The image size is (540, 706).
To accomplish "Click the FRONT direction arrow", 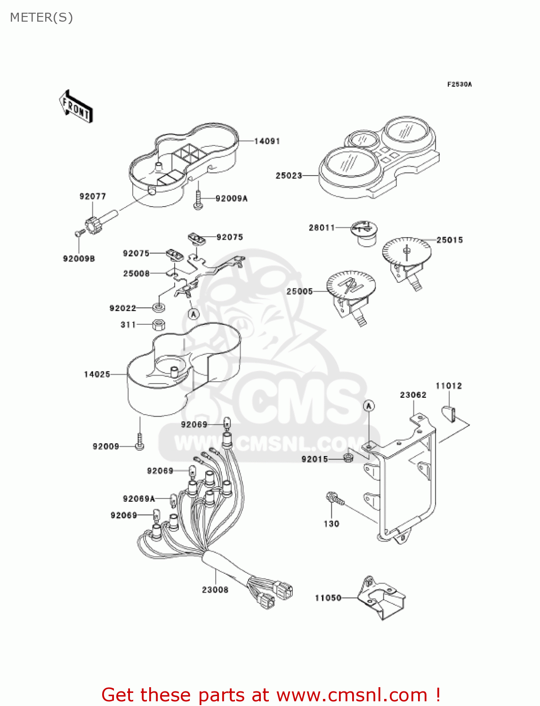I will [x=75, y=107].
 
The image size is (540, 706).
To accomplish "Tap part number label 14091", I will [x=267, y=141].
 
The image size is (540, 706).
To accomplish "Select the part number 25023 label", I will [x=289, y=176].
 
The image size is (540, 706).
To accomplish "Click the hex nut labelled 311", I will [x=159, y=324].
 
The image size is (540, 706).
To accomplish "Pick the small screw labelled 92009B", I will [x=79, y=232].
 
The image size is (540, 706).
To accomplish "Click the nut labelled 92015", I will [x=348, y=457].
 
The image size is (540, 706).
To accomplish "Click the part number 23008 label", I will [x=215, y=590].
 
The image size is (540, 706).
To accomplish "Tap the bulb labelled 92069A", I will [x=173, y=499].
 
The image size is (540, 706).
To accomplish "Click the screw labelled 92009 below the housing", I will [x=139, y=443].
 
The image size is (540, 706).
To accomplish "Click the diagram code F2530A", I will [x=459, y=84].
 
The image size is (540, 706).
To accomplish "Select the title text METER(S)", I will [x=41, y=17].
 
